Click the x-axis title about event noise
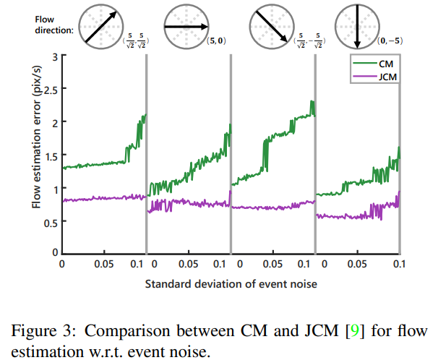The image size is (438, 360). [231, 285]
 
